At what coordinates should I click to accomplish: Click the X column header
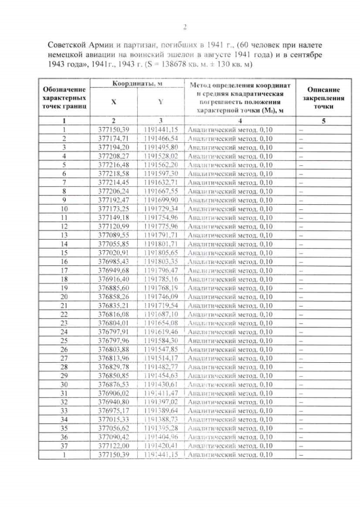pos(114,102)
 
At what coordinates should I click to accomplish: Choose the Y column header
pos(161,102)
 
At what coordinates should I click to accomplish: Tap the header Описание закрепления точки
pos(323,97)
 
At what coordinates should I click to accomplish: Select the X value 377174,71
pos(114,138)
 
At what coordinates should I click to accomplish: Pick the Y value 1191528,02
pos(161,156)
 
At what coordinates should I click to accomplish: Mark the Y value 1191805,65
pos(161,253)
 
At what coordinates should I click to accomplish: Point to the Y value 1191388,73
pos(161,420)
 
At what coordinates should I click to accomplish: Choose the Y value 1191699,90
pos(161,200)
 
